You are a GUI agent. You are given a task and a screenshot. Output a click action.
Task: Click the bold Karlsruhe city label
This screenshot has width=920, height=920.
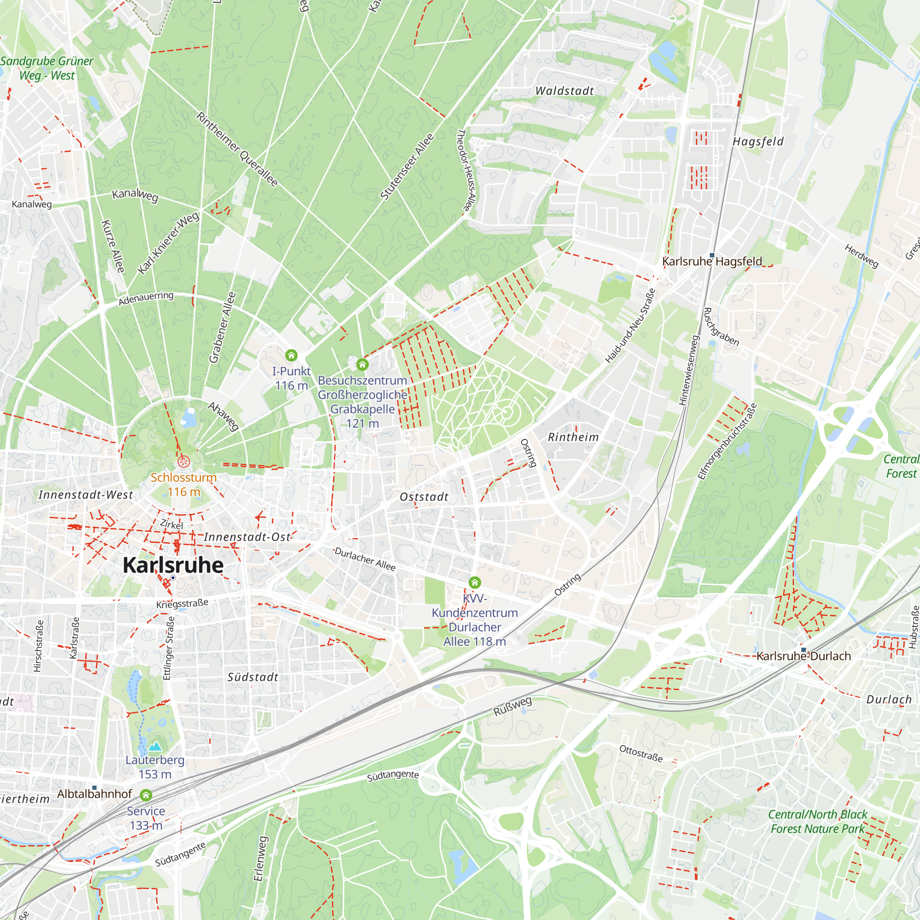[x=173, y=565]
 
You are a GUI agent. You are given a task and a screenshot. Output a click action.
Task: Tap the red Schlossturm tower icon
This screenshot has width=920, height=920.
[x=184, y=461]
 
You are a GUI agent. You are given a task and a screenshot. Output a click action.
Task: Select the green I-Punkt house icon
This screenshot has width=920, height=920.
[x=292, y=355]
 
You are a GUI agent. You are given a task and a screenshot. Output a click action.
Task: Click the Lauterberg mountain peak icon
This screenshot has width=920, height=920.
[x=155, y=746]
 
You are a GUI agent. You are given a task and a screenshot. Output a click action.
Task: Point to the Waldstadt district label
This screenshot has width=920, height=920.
[x=564, y=91]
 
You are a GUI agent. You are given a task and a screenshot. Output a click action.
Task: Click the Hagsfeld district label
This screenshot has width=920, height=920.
[x=758, y=141]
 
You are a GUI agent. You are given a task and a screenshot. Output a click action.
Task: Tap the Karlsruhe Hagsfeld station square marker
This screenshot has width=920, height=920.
[x=712, y=255]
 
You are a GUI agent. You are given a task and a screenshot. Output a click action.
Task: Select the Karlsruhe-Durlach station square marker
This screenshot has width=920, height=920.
[x=803, y=650]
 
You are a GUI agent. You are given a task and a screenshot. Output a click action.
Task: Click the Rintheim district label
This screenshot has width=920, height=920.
[x=573, y=437]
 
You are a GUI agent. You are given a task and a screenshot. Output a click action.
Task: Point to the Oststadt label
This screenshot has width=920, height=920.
[x=424, y=497]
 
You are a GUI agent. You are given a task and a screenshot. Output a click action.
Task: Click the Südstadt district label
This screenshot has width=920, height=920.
[x=253, y=677]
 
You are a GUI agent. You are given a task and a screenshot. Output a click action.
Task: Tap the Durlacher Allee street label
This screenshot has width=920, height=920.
[x=365, y=559]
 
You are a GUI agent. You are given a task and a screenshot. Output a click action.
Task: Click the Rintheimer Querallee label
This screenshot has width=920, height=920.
[x=237, y=149]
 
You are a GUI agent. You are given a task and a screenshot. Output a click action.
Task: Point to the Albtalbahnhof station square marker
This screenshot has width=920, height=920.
[x=94, y=788]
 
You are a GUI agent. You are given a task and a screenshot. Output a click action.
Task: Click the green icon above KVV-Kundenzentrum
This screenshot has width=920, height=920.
[x=475, y=582]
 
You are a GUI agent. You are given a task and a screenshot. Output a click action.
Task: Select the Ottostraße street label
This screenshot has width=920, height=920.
[x=640, y=753]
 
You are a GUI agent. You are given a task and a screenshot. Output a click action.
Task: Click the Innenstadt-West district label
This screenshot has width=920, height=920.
[x=86, y=495]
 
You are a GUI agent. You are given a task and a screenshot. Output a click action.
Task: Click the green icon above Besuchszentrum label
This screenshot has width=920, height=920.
[x=362, y=365]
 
